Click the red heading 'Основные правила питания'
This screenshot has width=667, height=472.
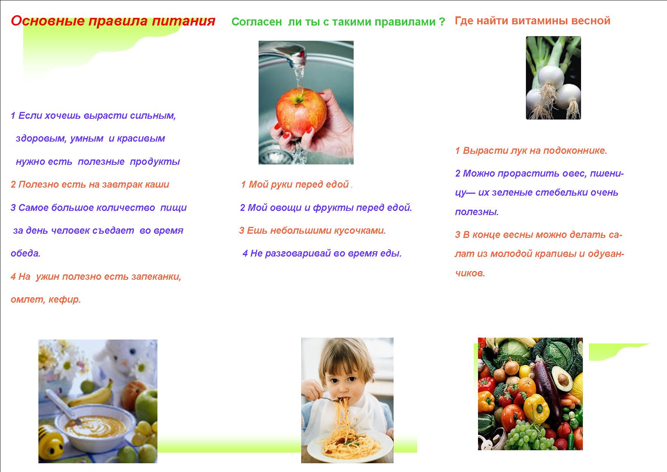pos(113,21)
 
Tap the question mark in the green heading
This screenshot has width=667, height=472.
pos(441,22)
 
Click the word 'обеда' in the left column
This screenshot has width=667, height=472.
pos(25,254)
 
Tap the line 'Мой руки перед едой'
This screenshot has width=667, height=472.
pos(295,185)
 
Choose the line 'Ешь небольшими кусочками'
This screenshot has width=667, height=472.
pos(313,231)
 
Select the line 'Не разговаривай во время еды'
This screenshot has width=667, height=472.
pos(322,254)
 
